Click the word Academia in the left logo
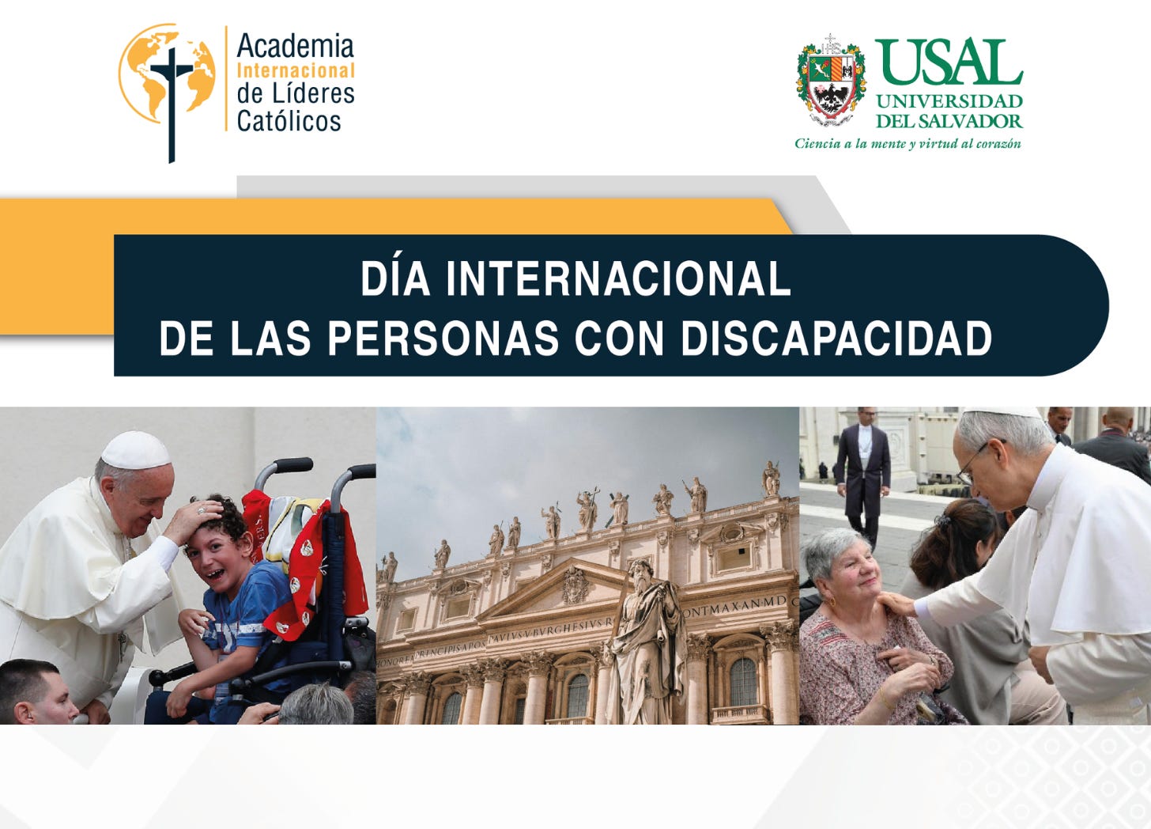pyautogui.click(x=295, y=46)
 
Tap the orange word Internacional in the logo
pyautogui.click(x=296, y=70)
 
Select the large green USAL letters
pyautogui.click(x=949, y=62)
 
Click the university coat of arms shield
pyautogui.click(x=830, y=82)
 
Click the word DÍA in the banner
pyautogui.click(x=394, y=278)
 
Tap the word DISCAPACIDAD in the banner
pyautogui.click(x=836, y=339)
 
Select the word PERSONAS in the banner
pyautogui.click(x=443, y=339)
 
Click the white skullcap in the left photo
pyautogui.click(x=136, y=451)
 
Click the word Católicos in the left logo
pyautogui.click(x=289, y=121)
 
